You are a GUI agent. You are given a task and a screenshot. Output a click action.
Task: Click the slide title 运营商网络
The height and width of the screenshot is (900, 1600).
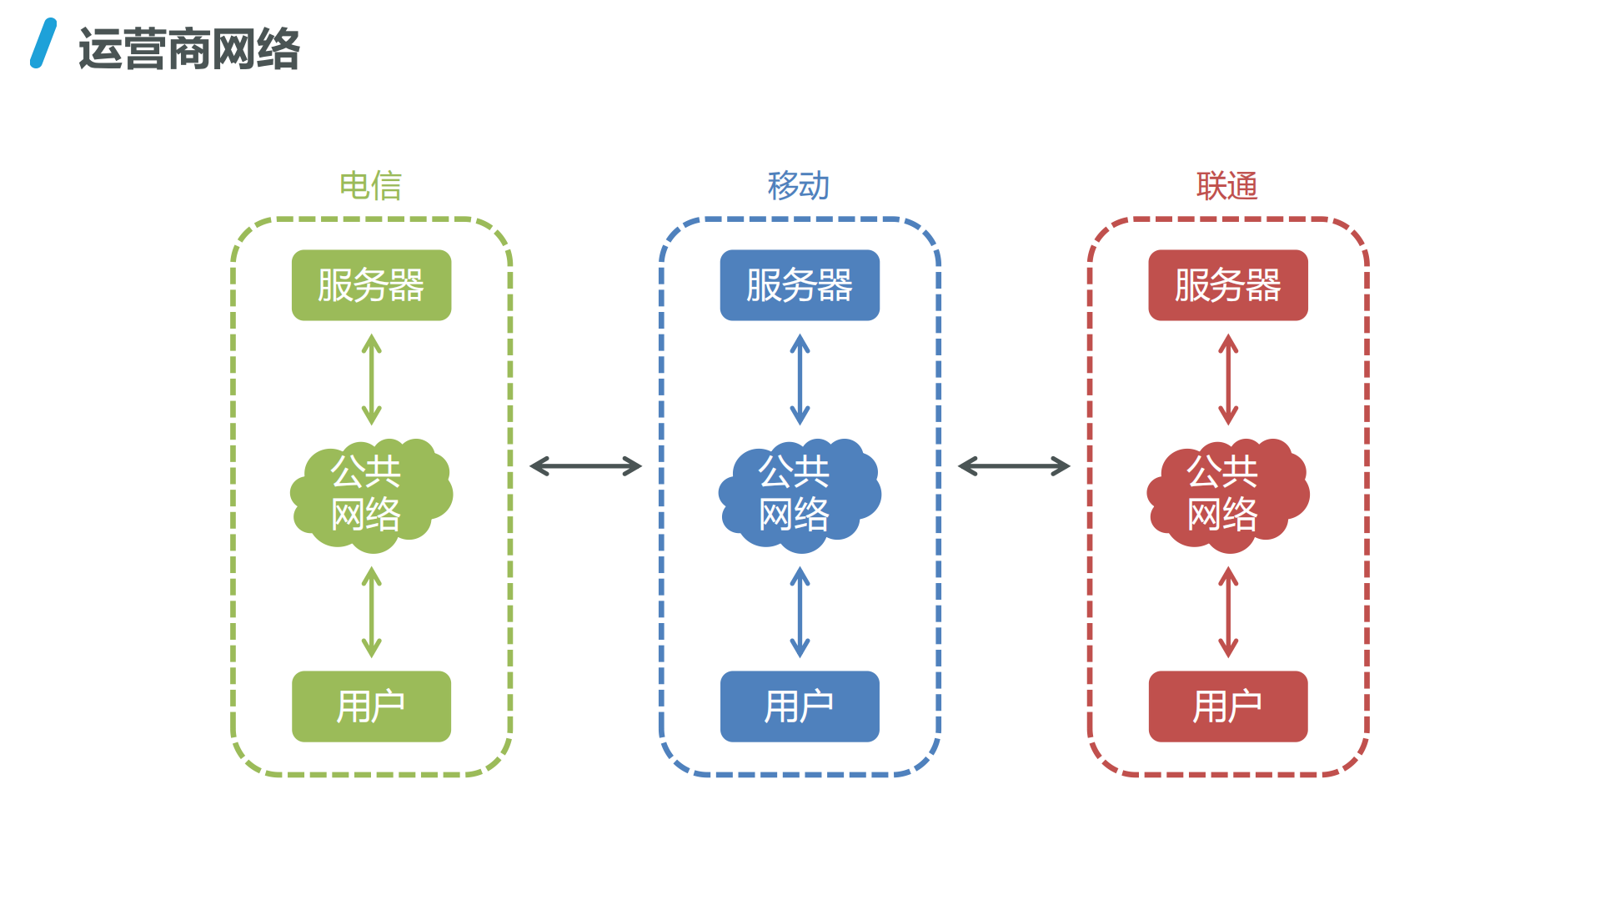(189, 48)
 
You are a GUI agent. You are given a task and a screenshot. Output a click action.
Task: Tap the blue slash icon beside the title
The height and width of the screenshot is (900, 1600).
(43, 43)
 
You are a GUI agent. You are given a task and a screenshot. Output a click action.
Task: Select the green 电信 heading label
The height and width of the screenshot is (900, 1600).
(371, 185)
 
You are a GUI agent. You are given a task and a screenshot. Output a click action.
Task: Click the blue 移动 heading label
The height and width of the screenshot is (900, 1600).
(799, 185)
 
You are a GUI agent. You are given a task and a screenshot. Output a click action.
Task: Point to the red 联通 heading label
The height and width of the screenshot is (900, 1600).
(1226, 185)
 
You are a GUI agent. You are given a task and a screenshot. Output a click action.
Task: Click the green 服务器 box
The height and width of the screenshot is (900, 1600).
(371, 285)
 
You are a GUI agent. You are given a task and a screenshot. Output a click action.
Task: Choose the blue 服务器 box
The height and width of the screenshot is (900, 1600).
(800, 285)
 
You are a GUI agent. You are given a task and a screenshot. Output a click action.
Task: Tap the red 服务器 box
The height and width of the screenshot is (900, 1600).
(1227, 285)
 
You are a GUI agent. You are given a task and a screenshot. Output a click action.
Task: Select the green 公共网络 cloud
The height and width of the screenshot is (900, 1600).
(371, 495)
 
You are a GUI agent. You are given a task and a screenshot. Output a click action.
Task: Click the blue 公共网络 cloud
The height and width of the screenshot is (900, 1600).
(800, 495)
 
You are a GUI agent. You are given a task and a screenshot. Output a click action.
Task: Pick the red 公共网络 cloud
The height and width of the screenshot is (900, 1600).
(1227, 495)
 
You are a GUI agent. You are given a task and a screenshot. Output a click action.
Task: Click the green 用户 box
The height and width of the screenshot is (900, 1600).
(371, 706)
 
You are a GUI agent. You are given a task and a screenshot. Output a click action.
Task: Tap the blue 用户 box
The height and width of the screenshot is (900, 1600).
(800, 706)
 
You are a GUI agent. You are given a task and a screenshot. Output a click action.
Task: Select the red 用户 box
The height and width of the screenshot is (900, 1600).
(1227, 706)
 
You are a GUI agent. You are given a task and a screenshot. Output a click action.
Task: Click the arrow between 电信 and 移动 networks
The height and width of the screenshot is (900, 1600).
(585, 466)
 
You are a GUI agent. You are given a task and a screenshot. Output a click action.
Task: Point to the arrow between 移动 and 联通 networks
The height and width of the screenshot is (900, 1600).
(1014, 466)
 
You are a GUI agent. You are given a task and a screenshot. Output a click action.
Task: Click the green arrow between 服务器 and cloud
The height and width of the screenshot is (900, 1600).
(372, 380)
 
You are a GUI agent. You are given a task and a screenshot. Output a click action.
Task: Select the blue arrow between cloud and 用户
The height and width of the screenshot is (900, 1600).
(800, 612)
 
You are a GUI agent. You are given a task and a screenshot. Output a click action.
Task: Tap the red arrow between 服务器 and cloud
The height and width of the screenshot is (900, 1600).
(1228, 380)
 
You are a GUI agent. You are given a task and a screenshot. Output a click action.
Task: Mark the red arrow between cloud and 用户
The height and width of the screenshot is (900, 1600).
(1228, 612)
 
